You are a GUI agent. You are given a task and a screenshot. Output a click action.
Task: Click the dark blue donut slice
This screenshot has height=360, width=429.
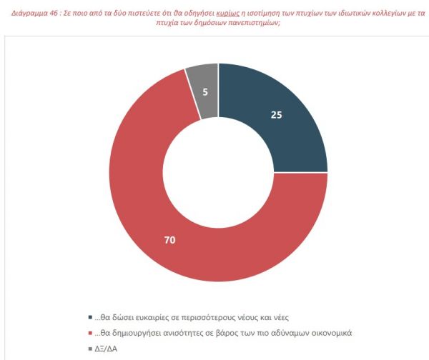279,121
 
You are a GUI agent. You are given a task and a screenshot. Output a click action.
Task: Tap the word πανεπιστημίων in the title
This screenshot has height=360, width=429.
239,23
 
